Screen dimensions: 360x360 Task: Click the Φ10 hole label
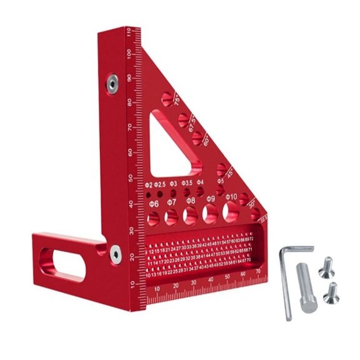[x=231, y=197]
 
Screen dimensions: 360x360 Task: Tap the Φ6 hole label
[x=153, y=204]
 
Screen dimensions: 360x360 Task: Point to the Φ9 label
[x=211, y=199]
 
